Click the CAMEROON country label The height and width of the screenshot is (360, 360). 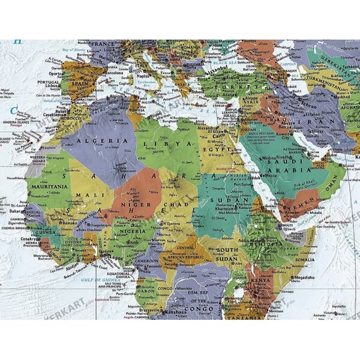coord(145,262)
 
